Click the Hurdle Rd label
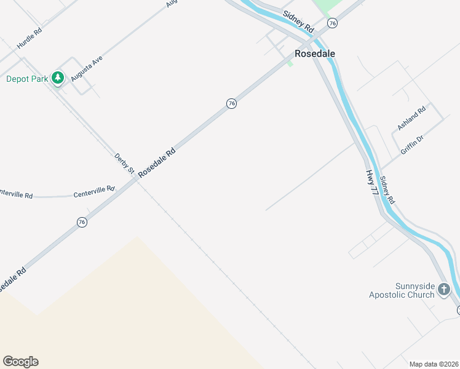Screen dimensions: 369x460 pos(29,38)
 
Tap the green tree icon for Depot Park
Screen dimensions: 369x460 pos(58,78)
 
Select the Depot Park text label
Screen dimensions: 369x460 pos(27,79)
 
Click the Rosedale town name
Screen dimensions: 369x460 pos(315,54)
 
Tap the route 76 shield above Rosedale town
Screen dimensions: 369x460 pos(332,23)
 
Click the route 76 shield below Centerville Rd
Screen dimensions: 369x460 pos(82,222)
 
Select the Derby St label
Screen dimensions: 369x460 pos(124,163)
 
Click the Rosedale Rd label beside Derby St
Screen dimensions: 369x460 pos(157,163)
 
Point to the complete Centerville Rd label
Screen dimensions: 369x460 pos(94,192)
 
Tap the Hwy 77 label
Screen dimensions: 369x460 pos(371,183)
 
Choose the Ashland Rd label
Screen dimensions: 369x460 pos(411,119)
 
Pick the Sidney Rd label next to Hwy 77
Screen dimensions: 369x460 pos(387,191)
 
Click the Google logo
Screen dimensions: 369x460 pos(20,362)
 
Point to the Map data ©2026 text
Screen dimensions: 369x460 pos(434,364)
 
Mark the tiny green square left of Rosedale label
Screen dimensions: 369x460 pos(290,63)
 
